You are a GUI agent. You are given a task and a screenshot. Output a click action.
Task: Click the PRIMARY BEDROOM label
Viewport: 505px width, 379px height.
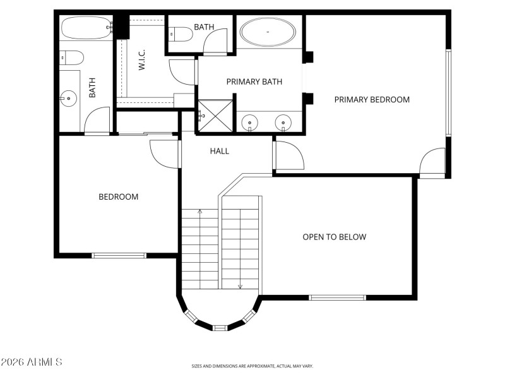tap(372, 99)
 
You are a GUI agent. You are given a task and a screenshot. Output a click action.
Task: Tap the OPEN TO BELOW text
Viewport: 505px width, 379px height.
tap(334, 237)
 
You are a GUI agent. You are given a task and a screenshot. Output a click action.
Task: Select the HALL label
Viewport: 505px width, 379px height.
tap(220, 151)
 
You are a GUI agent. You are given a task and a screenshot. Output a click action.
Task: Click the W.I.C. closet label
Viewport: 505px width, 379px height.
tap(143, 61)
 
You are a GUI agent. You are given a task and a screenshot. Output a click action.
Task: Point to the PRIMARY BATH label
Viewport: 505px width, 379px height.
tap(254, 81)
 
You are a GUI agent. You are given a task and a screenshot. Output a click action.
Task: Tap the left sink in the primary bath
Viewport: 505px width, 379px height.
tap(251, 122)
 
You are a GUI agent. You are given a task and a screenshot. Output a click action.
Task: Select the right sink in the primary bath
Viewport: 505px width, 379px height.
tap(283, 122)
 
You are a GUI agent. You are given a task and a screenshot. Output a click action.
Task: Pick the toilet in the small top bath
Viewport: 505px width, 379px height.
tap(182, 35)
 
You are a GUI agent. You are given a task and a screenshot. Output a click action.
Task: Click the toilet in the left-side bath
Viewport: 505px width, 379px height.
tap(73, 59)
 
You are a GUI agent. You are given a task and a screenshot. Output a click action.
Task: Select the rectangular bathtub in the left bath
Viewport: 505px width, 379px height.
tap(86, 28)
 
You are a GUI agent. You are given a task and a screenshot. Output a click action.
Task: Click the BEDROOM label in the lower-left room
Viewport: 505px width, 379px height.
tap(118, 196)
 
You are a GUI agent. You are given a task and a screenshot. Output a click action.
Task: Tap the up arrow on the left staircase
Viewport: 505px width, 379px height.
tap(200, 212)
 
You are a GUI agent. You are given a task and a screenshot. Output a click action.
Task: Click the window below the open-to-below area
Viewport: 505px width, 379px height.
tap(337, 297)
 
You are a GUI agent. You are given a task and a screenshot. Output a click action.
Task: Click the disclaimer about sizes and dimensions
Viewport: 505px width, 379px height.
tap(252, 366)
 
